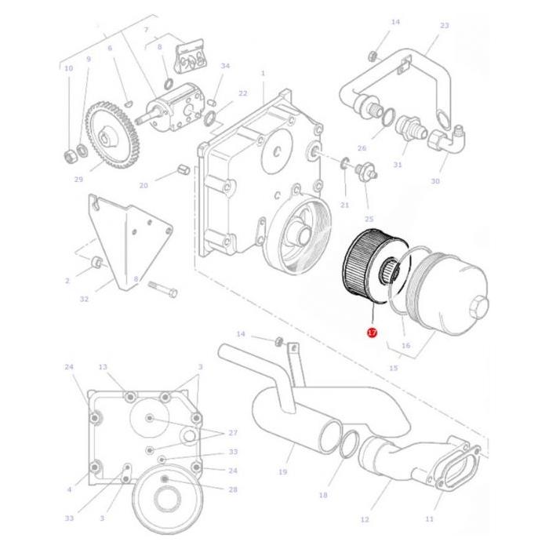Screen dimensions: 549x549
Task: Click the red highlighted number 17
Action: tap(372, 333)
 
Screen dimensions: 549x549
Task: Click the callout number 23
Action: tap(444, 26)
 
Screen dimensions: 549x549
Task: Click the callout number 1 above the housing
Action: tap(263, 74)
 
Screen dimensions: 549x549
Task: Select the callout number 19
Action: tap(282, 472)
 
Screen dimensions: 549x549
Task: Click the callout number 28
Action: tap(233, 489)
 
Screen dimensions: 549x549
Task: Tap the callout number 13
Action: tap(103, 367)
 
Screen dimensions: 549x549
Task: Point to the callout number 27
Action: tap(232, 433)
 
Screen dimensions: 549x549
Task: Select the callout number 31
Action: tap(398, 165)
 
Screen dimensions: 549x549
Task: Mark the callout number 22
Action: tap(242, 93)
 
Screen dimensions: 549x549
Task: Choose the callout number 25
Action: tap(369, 219)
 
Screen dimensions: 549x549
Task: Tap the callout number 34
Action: tap(225, 67)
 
